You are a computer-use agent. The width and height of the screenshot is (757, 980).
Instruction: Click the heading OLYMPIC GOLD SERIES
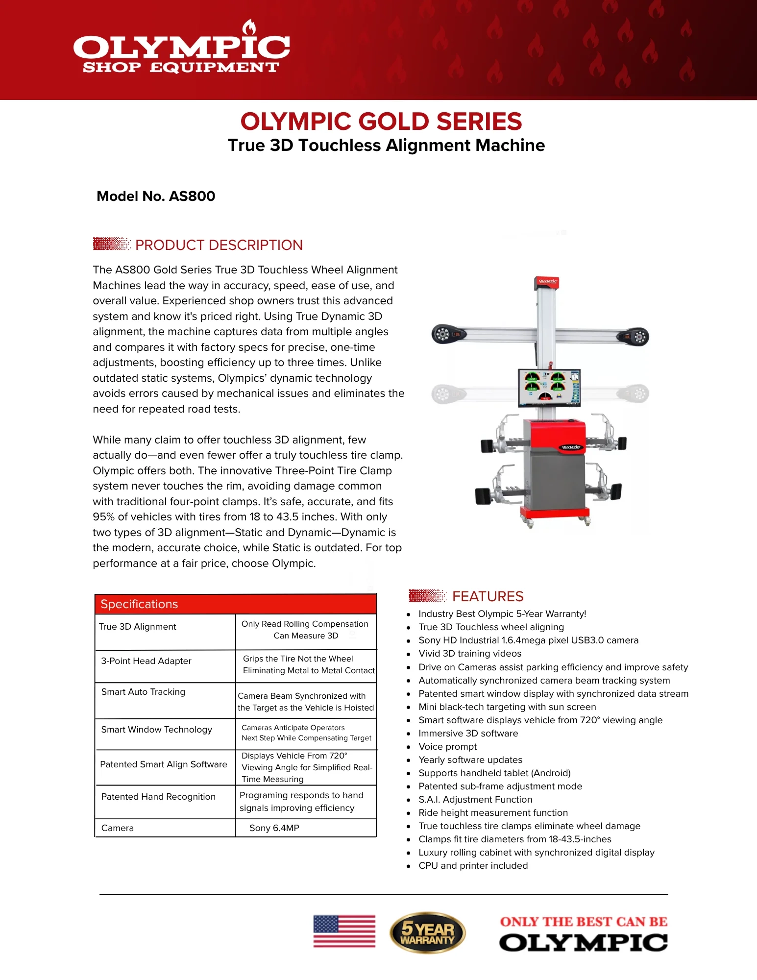tap(381, 122)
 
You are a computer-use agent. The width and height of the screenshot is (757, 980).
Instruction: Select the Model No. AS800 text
tap(156, 196)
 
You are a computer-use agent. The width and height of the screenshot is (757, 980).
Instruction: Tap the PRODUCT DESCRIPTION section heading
tap(219, 245)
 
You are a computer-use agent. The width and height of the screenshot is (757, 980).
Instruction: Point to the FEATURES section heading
tap(488, 596)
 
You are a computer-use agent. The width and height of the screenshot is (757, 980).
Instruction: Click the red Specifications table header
tap(235, 604)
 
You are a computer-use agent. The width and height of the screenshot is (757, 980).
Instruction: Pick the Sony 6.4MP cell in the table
tap(274, 828)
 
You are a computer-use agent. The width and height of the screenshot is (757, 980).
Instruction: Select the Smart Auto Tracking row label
tap(143, 692)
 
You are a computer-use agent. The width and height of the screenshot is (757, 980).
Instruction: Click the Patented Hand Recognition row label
tap(158, 797)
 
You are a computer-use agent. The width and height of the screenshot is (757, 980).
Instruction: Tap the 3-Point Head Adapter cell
tap(146, 661)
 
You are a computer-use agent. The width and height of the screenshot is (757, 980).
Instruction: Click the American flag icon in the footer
tap(344, 931)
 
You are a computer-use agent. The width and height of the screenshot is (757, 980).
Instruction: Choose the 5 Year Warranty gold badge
tap(427, 932)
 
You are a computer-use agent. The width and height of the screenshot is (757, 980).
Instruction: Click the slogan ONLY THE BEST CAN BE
tap(583, 922)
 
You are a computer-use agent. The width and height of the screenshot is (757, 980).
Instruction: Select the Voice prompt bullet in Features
tap(447, 747)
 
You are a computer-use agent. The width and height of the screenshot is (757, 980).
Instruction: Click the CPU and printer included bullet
tap(473, 866)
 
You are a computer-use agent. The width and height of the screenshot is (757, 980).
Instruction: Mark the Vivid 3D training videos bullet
tap(469, 654)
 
